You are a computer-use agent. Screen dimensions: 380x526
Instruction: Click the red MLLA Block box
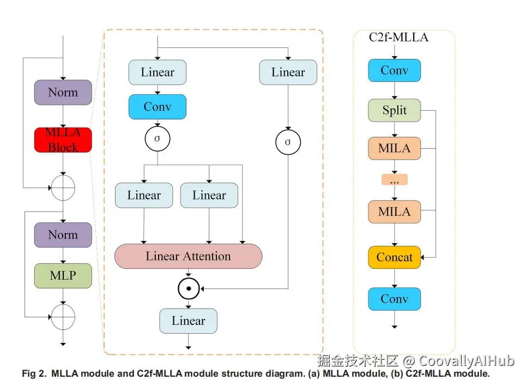[x=63, y=140]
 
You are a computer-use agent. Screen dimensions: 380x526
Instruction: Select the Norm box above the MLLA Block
[x=63, y=92]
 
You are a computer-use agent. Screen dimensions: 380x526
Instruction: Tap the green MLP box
[x=63, y=275]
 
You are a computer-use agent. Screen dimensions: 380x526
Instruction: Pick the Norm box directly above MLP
[x=63, y=235]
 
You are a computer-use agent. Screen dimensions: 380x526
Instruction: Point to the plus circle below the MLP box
[x=63, y=316]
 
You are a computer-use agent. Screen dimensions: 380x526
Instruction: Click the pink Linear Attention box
[x=188, y=256]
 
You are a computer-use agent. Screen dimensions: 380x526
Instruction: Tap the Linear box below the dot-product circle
[x=188, y=321]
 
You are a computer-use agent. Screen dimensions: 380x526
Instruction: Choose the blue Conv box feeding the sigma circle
[x=158, y=107]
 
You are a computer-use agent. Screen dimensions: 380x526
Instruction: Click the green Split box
[x=395, y=111]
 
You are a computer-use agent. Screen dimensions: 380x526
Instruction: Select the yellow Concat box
[x=395, y=257]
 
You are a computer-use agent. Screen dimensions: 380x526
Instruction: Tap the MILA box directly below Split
[x=395, y=148]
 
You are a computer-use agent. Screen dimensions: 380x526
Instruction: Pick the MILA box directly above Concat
[x=395, y=212]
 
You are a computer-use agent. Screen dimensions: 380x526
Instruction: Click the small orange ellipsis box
[x=395, y=179]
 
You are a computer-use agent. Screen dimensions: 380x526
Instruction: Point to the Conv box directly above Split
[x=395, y=70]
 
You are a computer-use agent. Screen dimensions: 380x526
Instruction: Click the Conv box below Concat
[x=395, y=299]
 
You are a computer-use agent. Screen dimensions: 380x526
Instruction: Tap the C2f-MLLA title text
[x=398, y=38]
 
